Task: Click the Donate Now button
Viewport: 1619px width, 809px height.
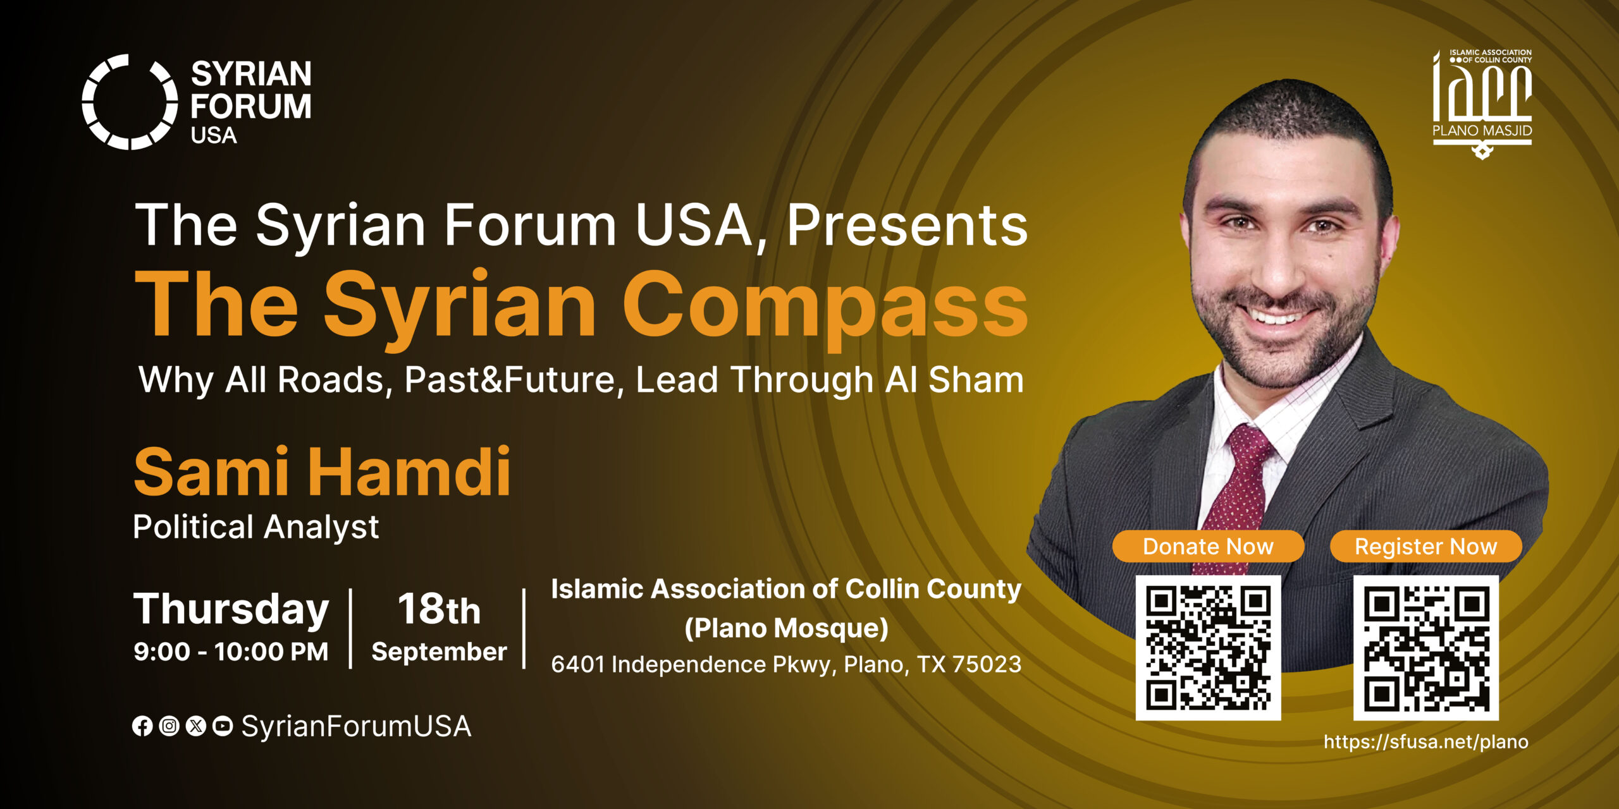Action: click(x=1208, y=546)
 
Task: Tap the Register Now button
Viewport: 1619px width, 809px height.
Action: click(x=1425, y=546)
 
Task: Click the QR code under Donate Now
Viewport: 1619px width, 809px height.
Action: click(x=1208, y=648)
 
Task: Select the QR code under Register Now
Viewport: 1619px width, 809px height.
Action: click(x=1426, y=648)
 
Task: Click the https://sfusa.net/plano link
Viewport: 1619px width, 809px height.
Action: click(x=1426, y=741)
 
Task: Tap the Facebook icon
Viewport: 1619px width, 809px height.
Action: click(x=142, y=726)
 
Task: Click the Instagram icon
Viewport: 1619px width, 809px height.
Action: click(x=169, y=726)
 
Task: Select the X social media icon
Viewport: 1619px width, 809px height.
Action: click(x=196, y=726)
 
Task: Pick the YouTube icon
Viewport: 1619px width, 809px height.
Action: click(x=223, y=726)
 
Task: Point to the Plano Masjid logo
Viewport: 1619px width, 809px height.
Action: click(x=1482, y=104)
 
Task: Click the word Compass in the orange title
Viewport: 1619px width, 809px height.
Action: click(x=825, y=305)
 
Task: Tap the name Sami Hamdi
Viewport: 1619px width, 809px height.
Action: click(x=322, y=471)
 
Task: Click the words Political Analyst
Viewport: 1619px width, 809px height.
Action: click(x=255, y=527)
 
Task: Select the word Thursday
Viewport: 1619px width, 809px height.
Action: click(x=231, y=609)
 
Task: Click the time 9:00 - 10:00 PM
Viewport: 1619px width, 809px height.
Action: click(x=231, y=652)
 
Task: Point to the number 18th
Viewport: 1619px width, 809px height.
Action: click(x=439, y=609)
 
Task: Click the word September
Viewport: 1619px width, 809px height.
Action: click(x=439, y=652)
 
